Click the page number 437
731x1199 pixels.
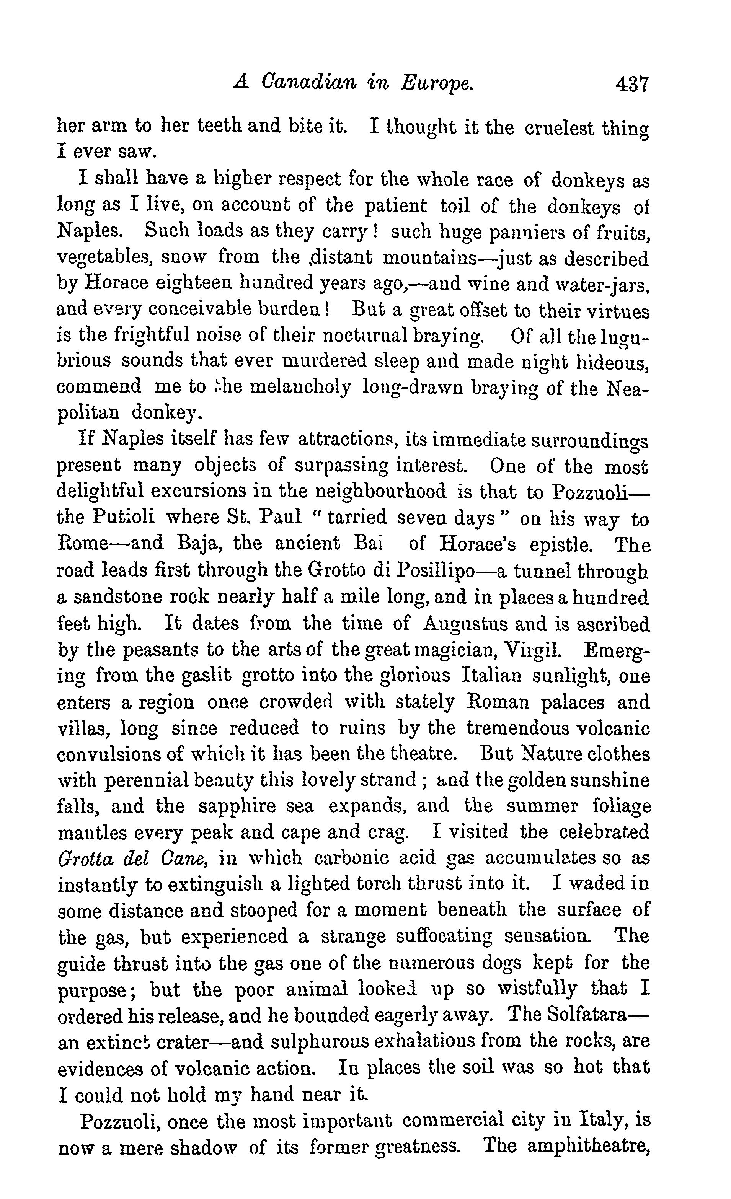click(x=632, y=84)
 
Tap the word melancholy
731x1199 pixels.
click(x=303, y=387)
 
